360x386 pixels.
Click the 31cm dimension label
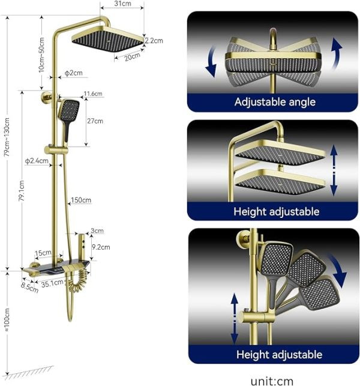pyautogui.click(x=122, y=4)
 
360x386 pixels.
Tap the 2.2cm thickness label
pyautogui.click(x=154, y=40)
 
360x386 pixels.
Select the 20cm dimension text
pyautogui.click(x=132, y=56)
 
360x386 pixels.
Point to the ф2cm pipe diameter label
pyautogui.click(x=74, y=73)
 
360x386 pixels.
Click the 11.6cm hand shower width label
pyautogui.click(x=93, y=94)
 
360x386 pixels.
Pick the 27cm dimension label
pyautogui.click(x=95, y=121)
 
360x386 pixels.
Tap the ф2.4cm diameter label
pyautogui.click(x=37, y=161)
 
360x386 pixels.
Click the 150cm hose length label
pyautogui.click(x=81, y=200)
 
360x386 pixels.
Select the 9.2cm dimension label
pyautogui.click(x=101, y=247)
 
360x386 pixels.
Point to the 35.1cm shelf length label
pyautogui.click(x=52, y=283)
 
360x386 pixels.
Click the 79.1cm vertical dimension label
pyautogui.click(x=22, y=190)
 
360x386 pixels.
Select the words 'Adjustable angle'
pyautogui.click(x=275, y=101)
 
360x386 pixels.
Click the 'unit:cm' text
pyautogui.click(x=272, y=381)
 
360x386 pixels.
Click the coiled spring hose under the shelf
pyautogui.click(x=78, y=281)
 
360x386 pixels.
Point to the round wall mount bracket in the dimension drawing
pyautogui.click(x=46, y=97)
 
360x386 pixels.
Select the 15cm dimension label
pyautogui.click(x=43, y=253)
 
